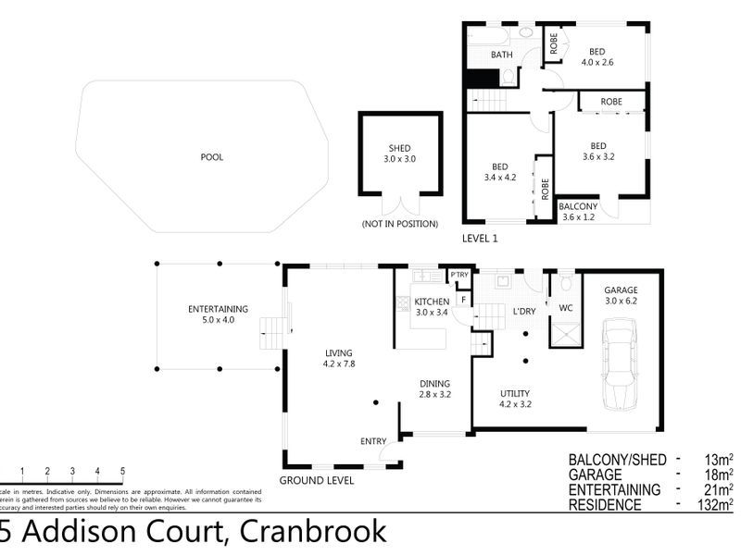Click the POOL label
[212, 157]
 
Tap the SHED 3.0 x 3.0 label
[400, 154]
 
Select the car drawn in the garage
[619, 366]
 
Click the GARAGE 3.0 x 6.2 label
[622, 294]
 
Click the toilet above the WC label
[565, 281]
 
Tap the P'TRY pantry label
[458, 276]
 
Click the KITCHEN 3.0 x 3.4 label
[432, 307]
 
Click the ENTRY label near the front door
[372, 441]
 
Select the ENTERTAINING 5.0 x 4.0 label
[218, 314]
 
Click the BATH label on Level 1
[501, 55]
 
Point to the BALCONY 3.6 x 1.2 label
[580, 212]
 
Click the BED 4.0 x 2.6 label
[597, 55]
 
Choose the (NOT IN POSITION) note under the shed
[399, 224]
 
